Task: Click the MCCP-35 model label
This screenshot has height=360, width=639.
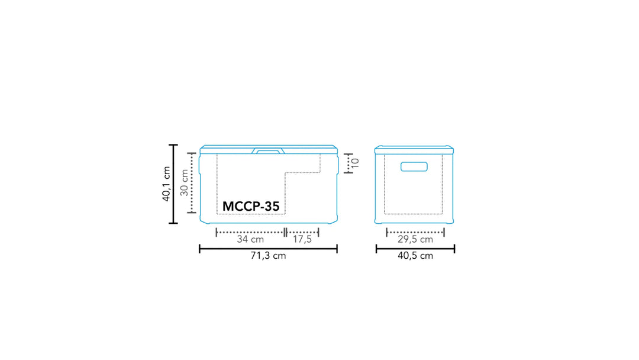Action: [x=251, y=207]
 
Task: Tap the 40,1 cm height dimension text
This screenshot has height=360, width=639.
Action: [x=166, y=184]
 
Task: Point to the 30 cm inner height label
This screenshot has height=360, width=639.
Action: [x=185, y=183]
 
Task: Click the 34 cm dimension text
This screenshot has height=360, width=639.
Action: [x=250, y=240]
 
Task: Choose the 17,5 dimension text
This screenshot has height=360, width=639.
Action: [x=302, y=240]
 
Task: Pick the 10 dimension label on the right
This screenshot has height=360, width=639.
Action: [x=355, y=163]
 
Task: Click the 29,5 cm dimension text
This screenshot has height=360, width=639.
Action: [x=415, y=240]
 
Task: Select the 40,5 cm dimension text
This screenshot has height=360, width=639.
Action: [x=415, y=256]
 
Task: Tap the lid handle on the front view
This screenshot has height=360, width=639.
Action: [x=268, y=151]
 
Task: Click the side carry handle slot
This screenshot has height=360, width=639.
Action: [x=414, y=166]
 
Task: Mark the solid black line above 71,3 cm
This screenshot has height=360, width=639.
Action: [x=268, y=249]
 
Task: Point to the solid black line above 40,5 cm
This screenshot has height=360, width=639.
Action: [x=415, y=249]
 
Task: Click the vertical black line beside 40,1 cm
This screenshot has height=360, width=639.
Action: [x=173, y=184]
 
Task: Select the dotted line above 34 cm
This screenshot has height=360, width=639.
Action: [x=250, y=232]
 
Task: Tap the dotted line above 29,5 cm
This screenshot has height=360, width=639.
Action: [x=415, y=232]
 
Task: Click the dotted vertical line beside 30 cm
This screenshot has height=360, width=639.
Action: [x=192, y=183]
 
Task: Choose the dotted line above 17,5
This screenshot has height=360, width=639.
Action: [x=302, y=232]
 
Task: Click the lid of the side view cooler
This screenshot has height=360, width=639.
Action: [x=415, y=149]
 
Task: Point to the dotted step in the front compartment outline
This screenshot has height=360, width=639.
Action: [x=302, y=173]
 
